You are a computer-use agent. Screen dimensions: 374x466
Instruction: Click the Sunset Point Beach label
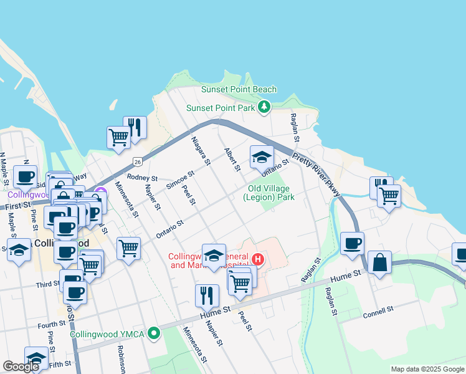[239, 90]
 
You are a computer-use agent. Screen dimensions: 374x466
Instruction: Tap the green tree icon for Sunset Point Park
[265, 107]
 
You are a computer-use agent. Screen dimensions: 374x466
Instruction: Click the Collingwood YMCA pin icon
[151, 334]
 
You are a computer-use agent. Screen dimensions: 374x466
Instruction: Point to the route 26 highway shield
[136, 162]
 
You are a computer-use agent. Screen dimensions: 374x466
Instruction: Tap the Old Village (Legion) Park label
[271, 193]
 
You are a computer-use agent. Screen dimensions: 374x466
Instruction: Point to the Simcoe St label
[181, 181]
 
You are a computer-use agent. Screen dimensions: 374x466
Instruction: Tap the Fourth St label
[52, 324]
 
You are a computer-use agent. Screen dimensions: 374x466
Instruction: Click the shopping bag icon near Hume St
[379, 262]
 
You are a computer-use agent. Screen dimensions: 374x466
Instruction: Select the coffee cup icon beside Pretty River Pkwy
[352, 242]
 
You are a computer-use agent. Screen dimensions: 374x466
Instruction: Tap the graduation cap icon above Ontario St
[262, 157]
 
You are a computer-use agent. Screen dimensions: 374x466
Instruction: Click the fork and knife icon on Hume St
[207, 295]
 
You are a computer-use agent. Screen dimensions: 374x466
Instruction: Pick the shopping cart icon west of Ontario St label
[128, 247]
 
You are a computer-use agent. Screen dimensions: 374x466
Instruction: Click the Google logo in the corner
[21, 367]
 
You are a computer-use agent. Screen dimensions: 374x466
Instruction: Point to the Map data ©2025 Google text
[427, 369]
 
